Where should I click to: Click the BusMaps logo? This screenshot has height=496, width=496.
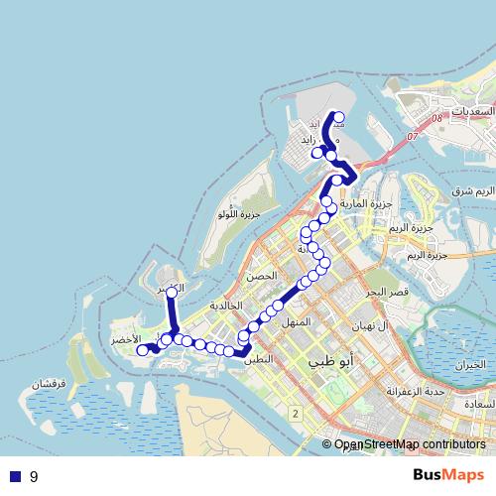[x=448, y=475]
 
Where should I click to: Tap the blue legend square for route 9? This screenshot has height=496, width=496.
[x=14, y=476]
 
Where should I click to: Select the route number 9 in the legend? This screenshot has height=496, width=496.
[x=34, y=476]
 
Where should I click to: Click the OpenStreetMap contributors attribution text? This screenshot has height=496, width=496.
[x=409, y=444]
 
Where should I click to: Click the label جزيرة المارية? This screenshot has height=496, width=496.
[x=368, y=203]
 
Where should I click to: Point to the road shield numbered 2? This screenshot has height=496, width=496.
[x=296, y=411]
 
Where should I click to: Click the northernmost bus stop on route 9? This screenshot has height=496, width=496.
[x=339, y=116]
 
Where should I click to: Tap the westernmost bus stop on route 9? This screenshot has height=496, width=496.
[x=142, y=350]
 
